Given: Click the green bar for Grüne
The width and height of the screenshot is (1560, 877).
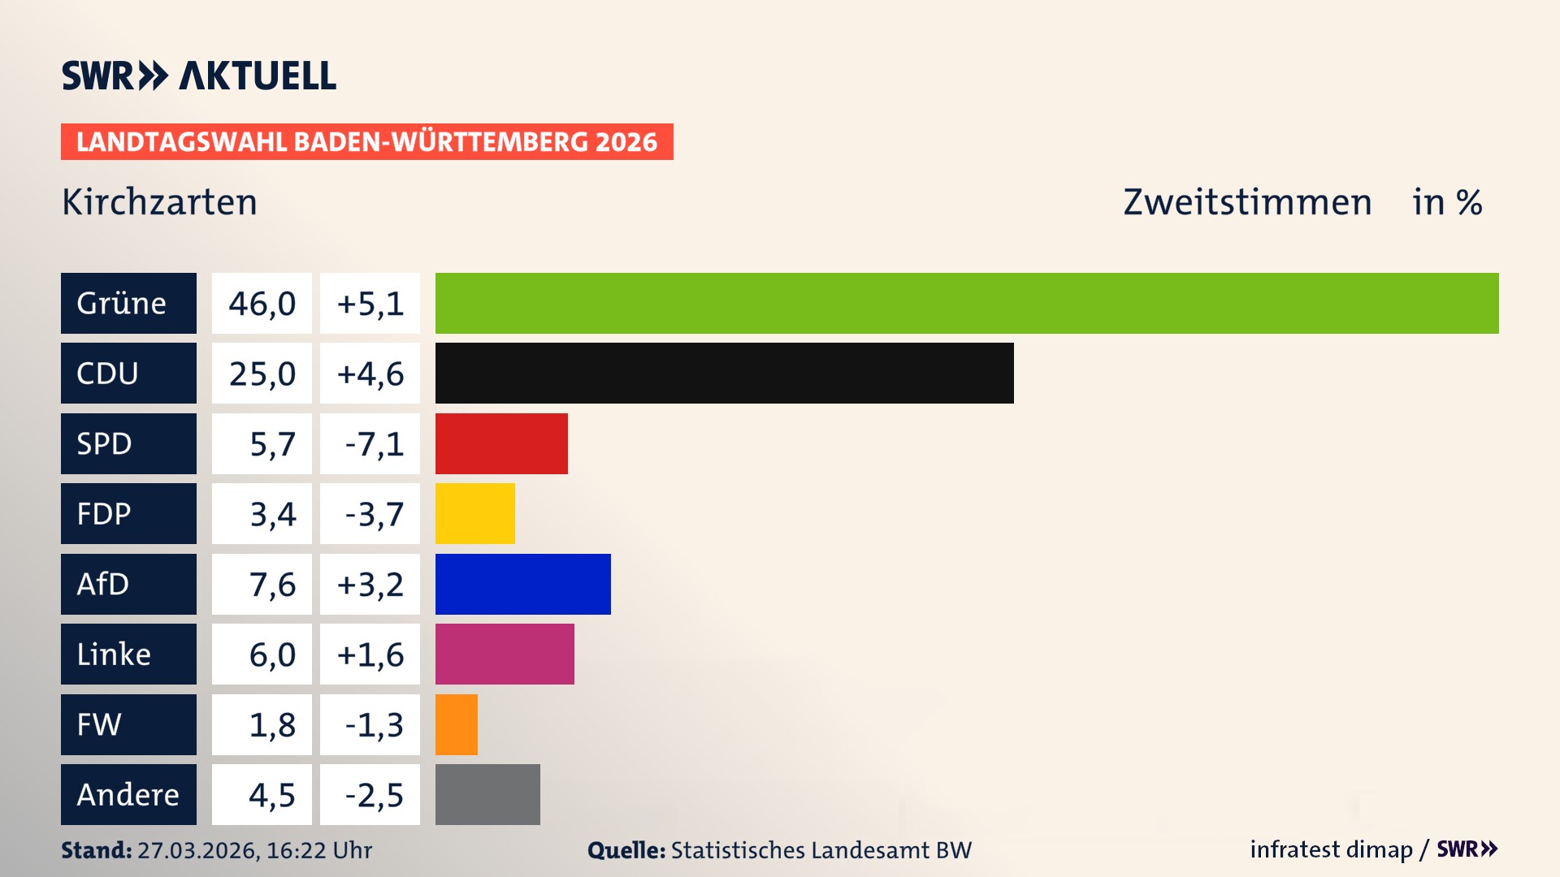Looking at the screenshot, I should [x=967, y=303].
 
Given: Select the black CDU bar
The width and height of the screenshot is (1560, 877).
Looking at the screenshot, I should [x=724, y=373].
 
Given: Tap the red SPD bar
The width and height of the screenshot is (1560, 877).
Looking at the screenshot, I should [x=501, y=443].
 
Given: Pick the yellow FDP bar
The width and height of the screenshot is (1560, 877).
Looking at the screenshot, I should [x=474, y=513].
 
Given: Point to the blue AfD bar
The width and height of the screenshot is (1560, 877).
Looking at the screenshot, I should [x=522, y=584].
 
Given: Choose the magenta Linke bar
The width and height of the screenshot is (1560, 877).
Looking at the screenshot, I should [x=505, y=654].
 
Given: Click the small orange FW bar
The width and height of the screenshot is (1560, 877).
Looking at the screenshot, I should [x=456, y=724].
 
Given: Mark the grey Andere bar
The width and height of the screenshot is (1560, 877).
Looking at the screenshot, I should [x=487, y=794].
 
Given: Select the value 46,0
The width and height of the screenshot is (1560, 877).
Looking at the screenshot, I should [x=262, y=303].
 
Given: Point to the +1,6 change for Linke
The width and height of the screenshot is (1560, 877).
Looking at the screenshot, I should [x=370, y=654].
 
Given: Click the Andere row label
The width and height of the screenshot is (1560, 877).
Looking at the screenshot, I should [x=128, y=794].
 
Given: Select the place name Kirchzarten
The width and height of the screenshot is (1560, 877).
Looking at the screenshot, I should [x=159, y=201].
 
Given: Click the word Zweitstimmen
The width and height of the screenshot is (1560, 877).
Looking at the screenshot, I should [x=1246, y=201].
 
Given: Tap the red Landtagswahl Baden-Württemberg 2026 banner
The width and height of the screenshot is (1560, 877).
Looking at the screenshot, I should [x=366, y=141].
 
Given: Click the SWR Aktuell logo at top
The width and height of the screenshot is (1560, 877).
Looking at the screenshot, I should [x=198, y=76].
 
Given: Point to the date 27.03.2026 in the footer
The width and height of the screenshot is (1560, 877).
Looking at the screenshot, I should [x=197, y=849].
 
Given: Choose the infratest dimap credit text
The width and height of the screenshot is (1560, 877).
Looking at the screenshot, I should [x=1331, y=849].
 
